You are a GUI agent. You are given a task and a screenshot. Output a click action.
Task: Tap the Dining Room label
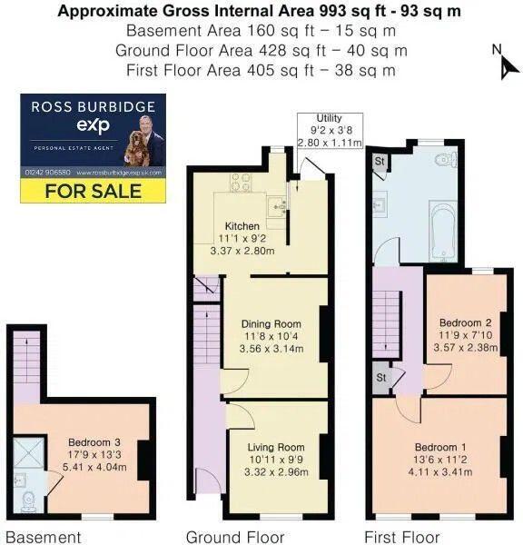click(271, 323)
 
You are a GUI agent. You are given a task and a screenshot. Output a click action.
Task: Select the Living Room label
click(278, 447)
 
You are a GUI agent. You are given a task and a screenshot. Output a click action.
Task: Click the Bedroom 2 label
click(465, 322)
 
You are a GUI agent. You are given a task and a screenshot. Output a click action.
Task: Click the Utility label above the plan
click(329, 119)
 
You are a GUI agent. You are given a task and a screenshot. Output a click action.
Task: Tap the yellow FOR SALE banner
click(94, 191)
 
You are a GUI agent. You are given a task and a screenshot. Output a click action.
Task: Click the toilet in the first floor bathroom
click(443, 161)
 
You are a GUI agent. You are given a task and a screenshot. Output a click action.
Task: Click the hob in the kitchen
click(241, 182)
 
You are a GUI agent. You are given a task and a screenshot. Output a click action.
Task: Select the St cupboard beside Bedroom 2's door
click(381, 376)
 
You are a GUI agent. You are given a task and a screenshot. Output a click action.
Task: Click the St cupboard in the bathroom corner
click(380, 161)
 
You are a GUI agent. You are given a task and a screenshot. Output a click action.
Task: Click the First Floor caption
click(402, 537)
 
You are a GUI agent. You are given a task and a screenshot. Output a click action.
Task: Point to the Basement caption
click(44, 537)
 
